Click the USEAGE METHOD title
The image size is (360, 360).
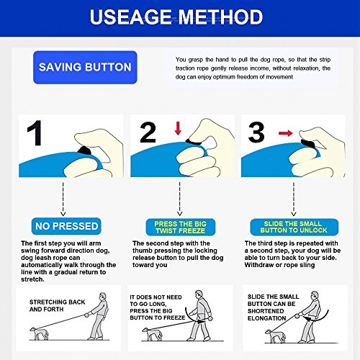[x=176, y=17]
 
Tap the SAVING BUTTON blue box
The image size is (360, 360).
[x=85, y=67]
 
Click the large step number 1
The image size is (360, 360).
[x=35, y=133]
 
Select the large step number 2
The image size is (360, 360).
[x=148, y=132]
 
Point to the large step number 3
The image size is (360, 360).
[x=256, y=132]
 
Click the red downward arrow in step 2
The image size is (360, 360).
[x=178, y=128]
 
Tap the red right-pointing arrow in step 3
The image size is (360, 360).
[x=286, y=133]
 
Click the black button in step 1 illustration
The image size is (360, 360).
[x=84, y=150]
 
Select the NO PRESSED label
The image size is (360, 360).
[x=66, y=226]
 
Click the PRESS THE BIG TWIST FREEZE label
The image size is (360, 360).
[x=181, y=227]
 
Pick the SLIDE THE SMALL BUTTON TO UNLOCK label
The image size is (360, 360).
[x=294, y=227]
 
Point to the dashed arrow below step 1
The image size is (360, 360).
[x=63, y=199]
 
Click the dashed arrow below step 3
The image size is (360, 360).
[x=294, y=199]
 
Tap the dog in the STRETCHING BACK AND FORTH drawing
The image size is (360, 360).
[x=39, y=333]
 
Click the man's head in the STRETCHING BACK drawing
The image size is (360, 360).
[x=102, y=297]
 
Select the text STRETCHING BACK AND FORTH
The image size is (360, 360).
[x=57, y=305]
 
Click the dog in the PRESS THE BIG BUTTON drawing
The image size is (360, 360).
[x=151, y=334]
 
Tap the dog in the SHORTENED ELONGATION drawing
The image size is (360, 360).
[x=276, y=336]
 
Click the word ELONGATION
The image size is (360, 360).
[x=266, y=318]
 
